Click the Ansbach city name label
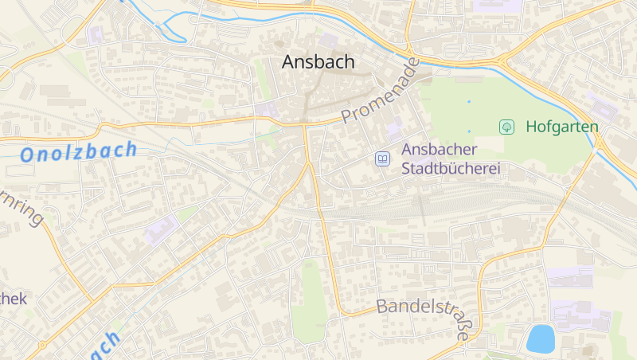point(318,62)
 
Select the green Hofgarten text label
point(561,127)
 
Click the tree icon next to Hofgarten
point(506,127)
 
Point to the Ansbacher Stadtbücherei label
point(450,158)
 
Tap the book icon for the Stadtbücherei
point(383,159)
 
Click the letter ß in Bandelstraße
point(461,326)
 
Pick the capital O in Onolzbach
point(29,155)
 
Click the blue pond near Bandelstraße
point(540,338)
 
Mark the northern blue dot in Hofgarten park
point(469,102)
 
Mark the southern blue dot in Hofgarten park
point(469,131)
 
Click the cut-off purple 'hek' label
point(14,299)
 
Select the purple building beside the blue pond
point(581,316)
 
